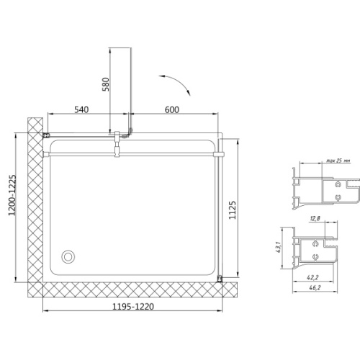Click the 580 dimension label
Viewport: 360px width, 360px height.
[x=106, y=84]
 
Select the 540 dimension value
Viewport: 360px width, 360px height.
[x=81, y=109]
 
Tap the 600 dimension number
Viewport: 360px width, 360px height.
[x=172, y=109]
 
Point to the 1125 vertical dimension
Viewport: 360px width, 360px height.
[x=233, y=210]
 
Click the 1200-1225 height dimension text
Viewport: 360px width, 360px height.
[x=12, y=195]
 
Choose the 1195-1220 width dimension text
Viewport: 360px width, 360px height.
[x=133, y=307]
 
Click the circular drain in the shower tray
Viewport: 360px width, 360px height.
[x=68, y=256]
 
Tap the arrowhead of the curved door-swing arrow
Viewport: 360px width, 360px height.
[x=189, y=93]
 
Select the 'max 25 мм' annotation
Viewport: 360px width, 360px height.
[x=338, y=161]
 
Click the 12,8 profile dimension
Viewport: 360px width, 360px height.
[x=315, y=218]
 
